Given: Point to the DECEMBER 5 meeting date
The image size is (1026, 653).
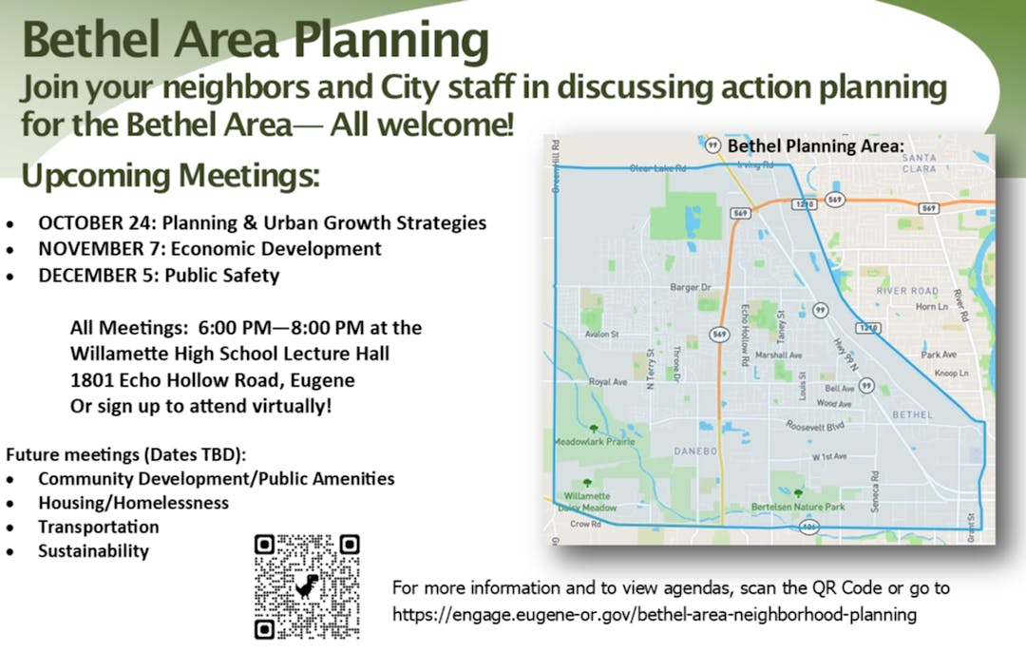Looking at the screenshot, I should [x=99, y=276].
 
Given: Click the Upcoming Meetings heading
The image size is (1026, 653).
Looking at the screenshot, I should [x=170, y=176].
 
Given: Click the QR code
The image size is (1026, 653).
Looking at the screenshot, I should [x=307, y=586].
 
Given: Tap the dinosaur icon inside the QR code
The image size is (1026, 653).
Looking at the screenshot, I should [x=307, y=586].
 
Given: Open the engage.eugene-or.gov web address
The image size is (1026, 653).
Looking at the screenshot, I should [x=655, y=614].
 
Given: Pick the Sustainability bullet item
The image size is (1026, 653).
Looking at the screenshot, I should [x=93, y=551].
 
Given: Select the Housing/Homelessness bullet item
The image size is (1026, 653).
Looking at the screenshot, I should [x=133, y=503].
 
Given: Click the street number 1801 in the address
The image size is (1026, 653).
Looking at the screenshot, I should [x=92, y=380].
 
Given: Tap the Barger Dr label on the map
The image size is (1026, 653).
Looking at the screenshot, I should [x=691, y=287].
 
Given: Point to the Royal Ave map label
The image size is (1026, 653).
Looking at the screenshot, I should [x=608, y=382].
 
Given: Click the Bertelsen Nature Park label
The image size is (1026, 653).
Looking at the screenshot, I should [x=798, y=508].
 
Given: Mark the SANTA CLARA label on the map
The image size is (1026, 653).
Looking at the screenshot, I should [x=921, y=163].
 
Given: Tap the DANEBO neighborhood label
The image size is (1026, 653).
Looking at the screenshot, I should [x=694, y=450].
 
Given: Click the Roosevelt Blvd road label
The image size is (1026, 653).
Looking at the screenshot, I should [x=815, y=427].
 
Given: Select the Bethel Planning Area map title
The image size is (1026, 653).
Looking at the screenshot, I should [x=812, y=147].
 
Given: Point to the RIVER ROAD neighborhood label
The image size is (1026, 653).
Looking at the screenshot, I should [x=907, y=291].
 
